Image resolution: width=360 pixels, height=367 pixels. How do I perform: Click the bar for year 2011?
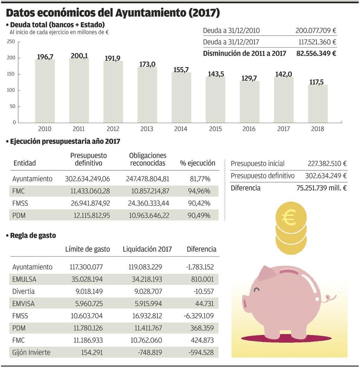tap(79, 90)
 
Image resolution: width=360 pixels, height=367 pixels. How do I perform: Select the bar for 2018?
tap(318, 104)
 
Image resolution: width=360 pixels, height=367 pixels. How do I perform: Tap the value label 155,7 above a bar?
tap(181, 70)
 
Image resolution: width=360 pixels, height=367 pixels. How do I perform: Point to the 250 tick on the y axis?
tap(11, 42)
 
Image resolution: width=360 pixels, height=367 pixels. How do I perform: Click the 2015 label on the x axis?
tap(215, 129)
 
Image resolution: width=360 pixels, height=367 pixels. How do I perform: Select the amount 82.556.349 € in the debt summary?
tap(316, 53)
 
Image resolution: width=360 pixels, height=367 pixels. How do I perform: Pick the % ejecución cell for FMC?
tap(199, 191)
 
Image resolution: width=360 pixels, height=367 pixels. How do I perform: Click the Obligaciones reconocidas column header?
tap(148, 159)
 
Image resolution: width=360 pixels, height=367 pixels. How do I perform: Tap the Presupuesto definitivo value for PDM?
tap(92, 215)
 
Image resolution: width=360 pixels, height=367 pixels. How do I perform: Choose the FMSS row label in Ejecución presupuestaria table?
tap(20, 203)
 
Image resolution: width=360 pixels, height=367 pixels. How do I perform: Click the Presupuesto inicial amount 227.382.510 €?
tap(327, 164)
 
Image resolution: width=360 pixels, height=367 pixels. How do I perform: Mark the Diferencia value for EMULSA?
tap(202, 279)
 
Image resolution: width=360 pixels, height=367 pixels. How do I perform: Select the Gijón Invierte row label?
tap(31, 352)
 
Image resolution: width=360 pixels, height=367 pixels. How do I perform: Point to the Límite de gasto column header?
tap(88, 249)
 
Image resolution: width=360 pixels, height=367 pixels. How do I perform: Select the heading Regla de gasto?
tap(33, 235)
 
